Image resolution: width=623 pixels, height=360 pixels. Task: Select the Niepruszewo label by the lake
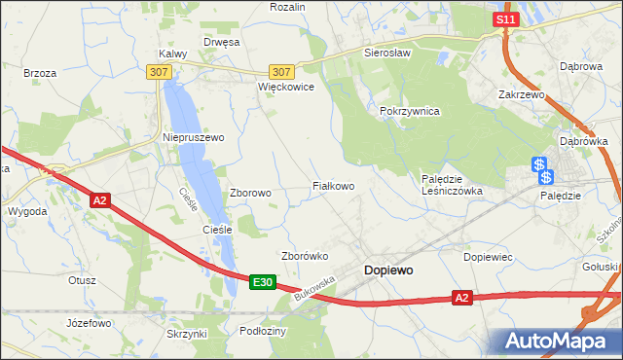pos(192,137)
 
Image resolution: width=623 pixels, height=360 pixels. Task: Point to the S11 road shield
pos(503,19)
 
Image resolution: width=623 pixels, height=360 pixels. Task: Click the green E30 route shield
pos(261,282)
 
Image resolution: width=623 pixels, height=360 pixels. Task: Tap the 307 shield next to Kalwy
pos(160,72)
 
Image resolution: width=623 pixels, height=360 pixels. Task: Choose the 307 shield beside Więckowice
pos(281,72)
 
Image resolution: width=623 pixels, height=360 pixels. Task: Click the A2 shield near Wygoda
pos(99,200)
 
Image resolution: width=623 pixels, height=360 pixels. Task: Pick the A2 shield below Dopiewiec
pos(462,298)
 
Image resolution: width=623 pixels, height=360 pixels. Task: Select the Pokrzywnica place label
pos(410,112)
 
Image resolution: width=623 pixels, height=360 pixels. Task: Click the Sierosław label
pos(387,54)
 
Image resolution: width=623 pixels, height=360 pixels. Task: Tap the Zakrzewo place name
pos(521,95)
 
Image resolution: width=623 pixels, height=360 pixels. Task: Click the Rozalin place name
pos(287,7)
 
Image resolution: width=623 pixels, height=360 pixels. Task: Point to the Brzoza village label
pos(40,73)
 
